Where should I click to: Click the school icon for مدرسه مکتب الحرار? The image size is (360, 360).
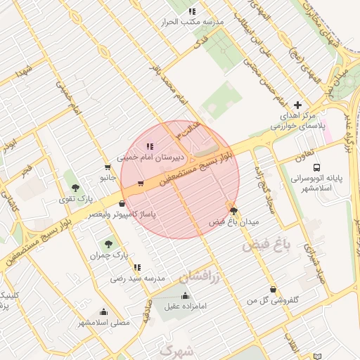click(x=192, y=11)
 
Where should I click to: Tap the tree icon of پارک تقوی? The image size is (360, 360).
click(x=75, y=187)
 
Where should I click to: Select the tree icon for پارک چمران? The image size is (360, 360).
click(x=107, y=243)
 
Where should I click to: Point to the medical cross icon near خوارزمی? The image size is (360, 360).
click(x=297, y=104)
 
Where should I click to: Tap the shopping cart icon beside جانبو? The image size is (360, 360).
click(x=107, y=167)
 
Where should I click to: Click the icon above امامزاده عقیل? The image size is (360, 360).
click(x=185, y=295)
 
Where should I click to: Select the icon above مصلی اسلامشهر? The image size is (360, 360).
click(x=104, y=311)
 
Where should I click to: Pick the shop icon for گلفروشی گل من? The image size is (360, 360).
click(x=273, y=290)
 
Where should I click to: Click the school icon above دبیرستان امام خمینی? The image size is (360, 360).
click(x=149, y=146)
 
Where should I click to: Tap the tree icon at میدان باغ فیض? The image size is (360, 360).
click(x=233, y=210)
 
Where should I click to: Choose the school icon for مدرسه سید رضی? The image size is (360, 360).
click(x=137, y=267)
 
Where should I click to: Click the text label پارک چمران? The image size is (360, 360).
click(x=106, y=255)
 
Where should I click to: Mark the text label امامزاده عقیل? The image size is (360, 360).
click(x=185, y=307)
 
